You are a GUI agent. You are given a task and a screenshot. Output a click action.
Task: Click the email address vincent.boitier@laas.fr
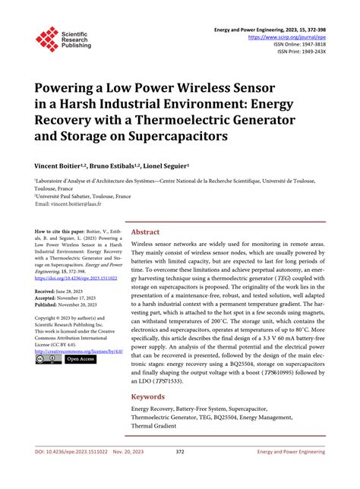click(x=80, y=204)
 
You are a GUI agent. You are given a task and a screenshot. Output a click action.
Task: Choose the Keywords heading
click(x=148, y=396)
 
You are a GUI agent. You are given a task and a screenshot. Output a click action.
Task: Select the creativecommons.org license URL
click(x=77, y=351)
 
